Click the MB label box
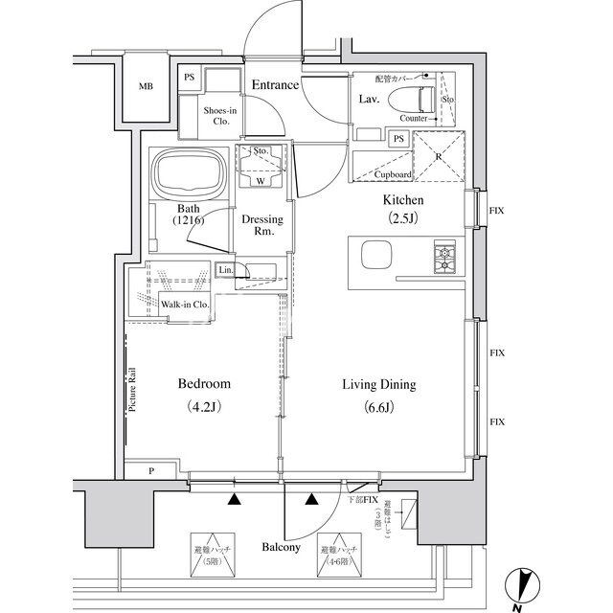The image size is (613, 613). click(146, 87)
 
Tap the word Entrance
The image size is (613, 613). click(275, 85)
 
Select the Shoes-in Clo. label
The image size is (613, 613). click(221, 116)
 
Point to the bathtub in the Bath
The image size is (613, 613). click(189, 177)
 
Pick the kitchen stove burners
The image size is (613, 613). click(446, 257)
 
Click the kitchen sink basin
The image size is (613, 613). click(375, 257)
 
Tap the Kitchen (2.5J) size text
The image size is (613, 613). click(403, 209)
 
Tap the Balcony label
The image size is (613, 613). click(282, 548)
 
